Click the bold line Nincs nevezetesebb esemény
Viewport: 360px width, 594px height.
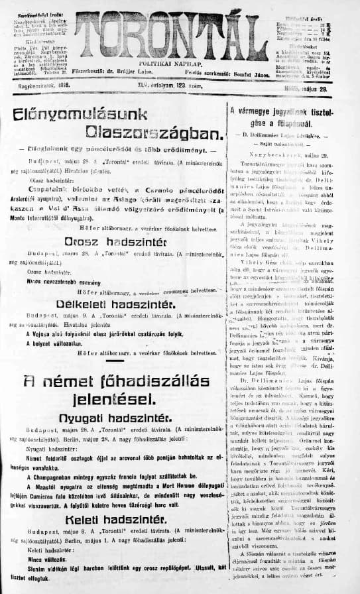coord(60,281)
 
